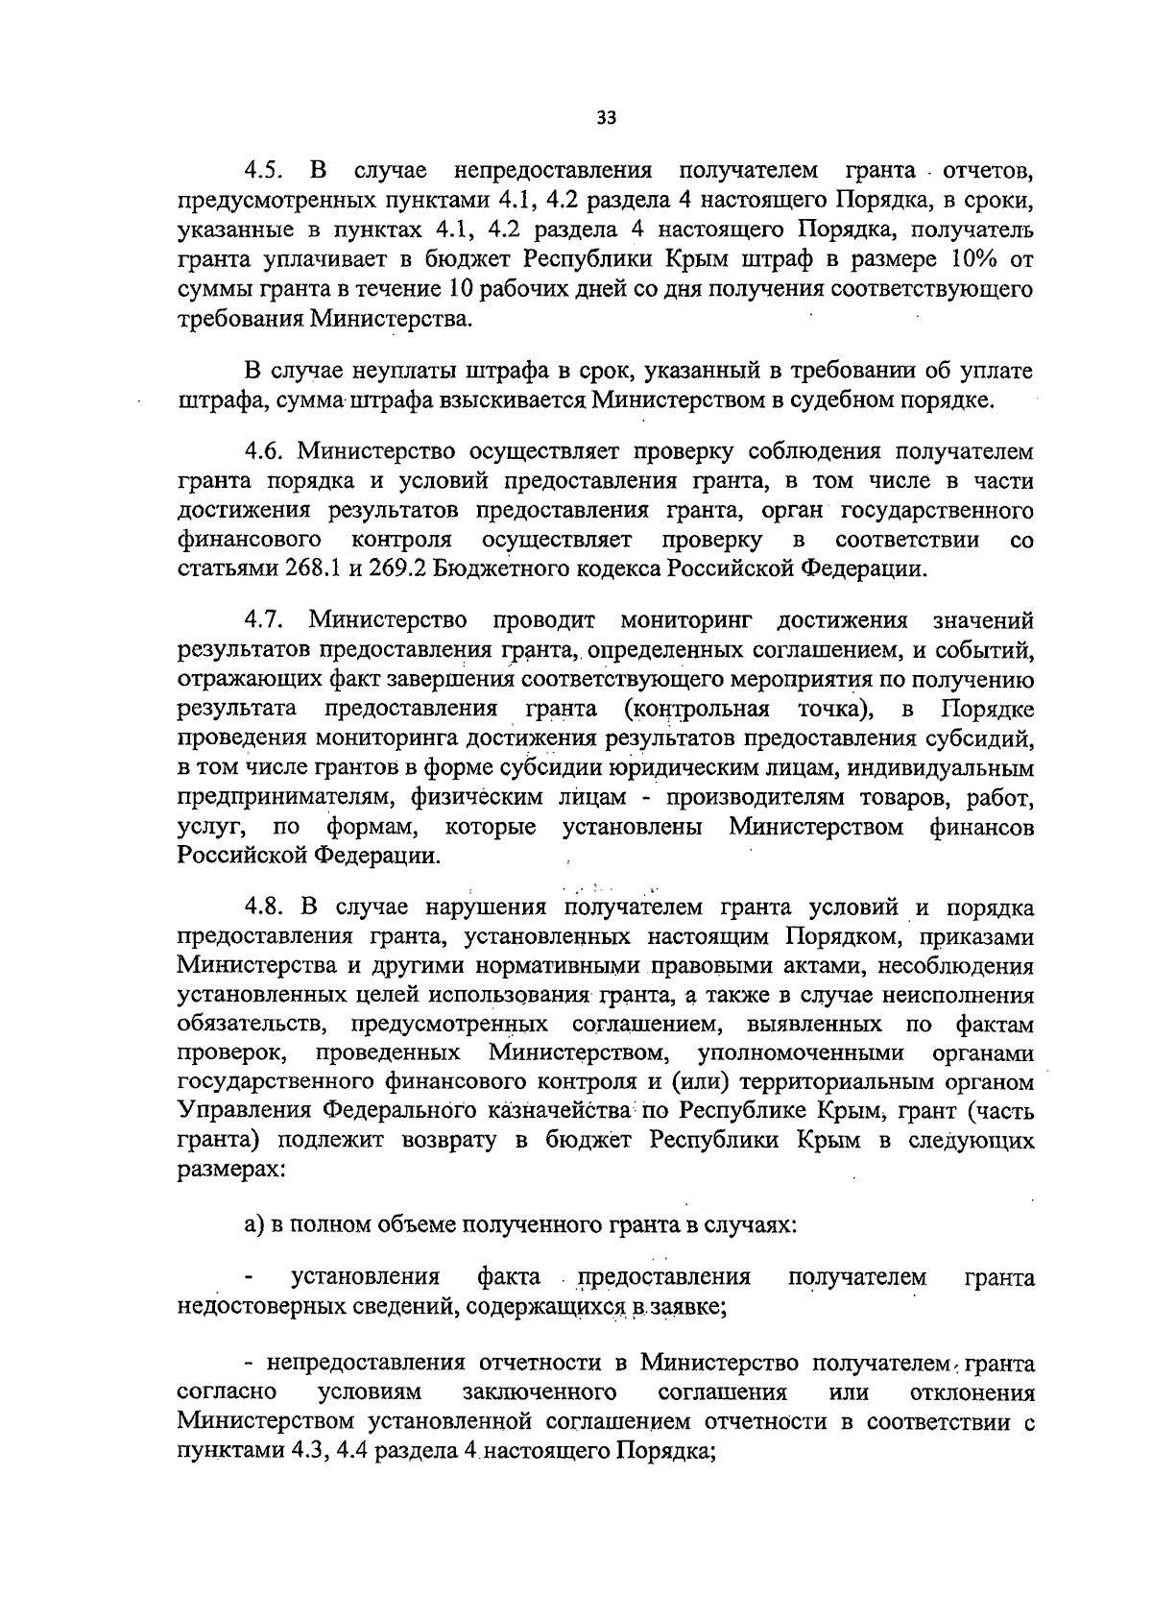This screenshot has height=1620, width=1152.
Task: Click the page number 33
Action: [606, 118]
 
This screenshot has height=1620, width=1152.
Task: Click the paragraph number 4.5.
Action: [262, 172]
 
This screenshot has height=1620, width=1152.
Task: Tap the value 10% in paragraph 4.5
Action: [964, 259]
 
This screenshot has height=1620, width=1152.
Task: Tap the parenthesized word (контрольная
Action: [695, 710]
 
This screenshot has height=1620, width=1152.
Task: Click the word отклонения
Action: [971, 1392]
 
